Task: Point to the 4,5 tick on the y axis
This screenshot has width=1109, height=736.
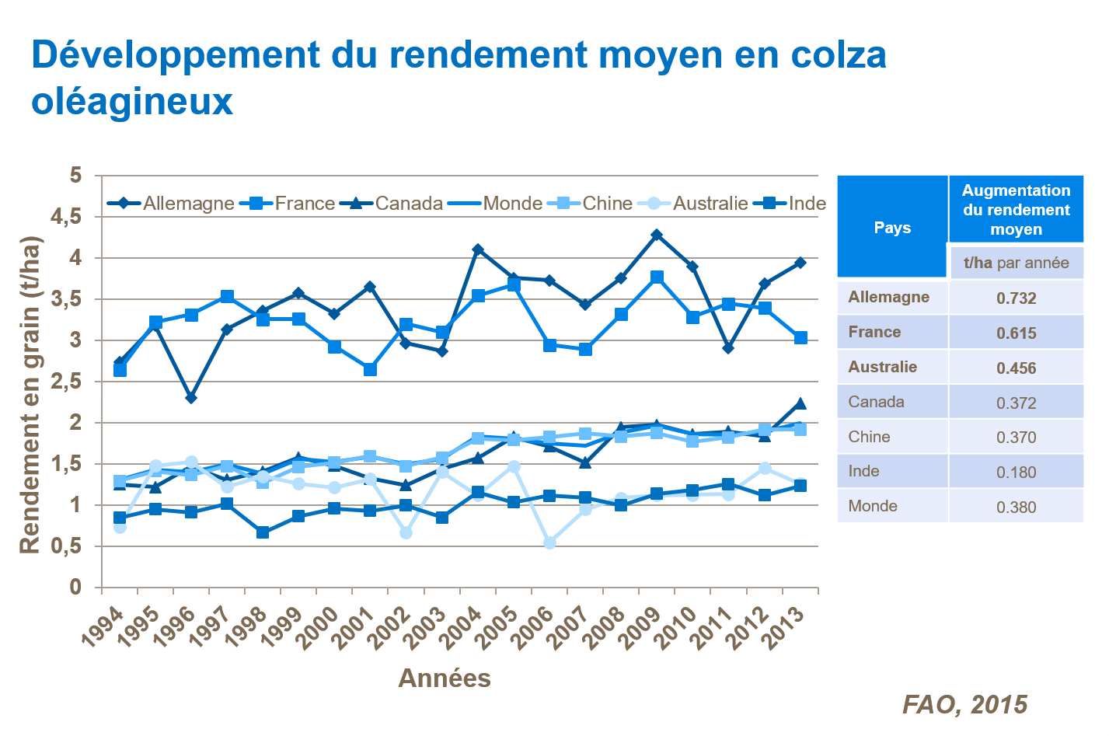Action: click(66, 217)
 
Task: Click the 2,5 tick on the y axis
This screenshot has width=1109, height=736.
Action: click(66, 382)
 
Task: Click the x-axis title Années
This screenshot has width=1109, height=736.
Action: click(445, 678)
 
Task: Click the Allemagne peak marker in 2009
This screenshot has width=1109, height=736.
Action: click(657, 235)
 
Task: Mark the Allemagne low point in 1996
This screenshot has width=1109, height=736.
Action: click(191, 398)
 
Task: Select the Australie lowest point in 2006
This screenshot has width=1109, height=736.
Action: click(549, 542)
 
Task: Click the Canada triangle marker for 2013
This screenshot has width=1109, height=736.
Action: click(800, 403)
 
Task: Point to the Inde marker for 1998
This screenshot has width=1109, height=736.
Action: click(263, 532)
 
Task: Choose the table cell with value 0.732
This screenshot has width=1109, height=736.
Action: click(1016, 298)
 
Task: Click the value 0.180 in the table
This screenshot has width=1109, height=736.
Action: click(1016, 472)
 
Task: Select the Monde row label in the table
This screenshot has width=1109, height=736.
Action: click(873, 506)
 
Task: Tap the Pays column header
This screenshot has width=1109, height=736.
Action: click(892, 228)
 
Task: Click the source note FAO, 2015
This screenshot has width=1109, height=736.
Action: click(964, 705)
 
